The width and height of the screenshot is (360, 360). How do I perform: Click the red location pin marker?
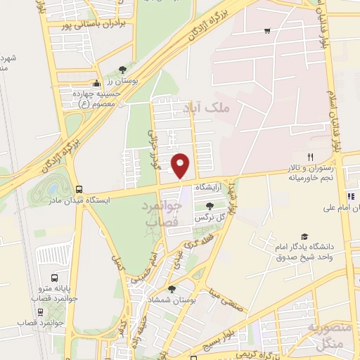point(181,165)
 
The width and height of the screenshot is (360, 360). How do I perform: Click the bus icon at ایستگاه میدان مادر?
point(79,189)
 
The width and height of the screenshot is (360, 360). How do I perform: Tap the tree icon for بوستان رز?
point(123,70)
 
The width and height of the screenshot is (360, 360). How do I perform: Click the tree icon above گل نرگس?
point(210,205)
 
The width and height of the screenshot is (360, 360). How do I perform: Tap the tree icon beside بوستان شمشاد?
point(172,288)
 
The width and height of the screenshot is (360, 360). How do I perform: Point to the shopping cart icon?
point(267,30)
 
